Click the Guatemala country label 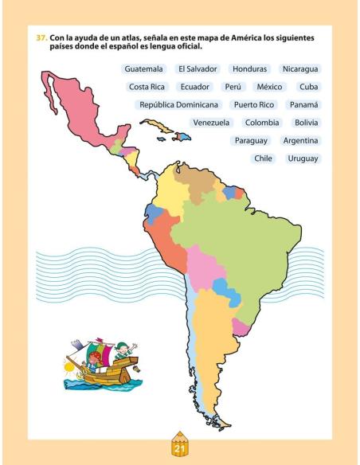tap(143, 69)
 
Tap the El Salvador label tap(198, 69)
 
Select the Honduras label tap(250, 69)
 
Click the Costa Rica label tap(146, 87)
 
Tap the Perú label tap(233, 87)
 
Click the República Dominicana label tap(178, 104)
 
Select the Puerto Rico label tap(253, 104)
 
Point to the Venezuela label tap(211, 123)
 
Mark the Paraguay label tap(250, 140)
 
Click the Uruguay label tap(303, 158)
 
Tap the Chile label tap(263, 158)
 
